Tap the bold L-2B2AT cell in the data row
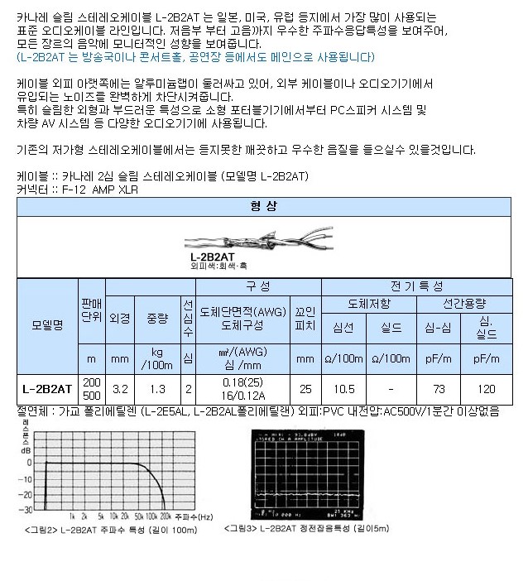point(47,387)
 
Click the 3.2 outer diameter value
point(119,387)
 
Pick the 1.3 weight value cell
point(156,387)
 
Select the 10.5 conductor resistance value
point(343,387)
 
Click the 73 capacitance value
point(439,387)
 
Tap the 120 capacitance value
point(487,387)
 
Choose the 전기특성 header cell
point(416,286)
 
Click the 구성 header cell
point(258,286)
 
